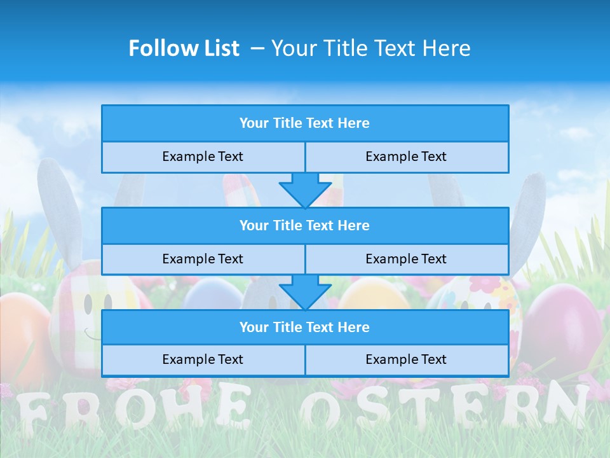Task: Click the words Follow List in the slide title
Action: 184,48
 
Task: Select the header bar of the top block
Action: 305,123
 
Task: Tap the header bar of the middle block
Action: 305,225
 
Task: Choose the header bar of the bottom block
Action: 305,327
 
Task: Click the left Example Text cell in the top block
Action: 203,156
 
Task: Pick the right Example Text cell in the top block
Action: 407,156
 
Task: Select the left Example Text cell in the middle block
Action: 203,259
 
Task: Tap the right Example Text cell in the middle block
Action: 407,259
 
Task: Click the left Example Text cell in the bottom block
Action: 203,359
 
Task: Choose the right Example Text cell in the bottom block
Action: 407,359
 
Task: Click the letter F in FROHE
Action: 31,413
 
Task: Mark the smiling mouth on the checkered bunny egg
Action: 93,335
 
